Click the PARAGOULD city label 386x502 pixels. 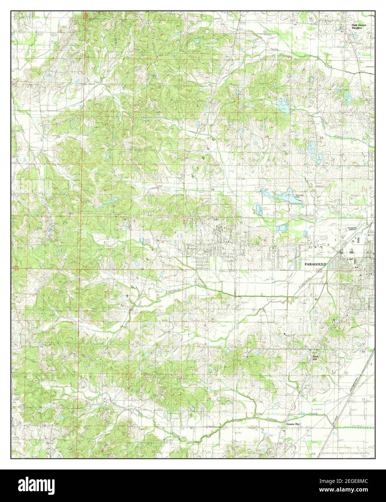click(x=316, y=264)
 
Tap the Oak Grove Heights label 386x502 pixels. click(x=360, y=26)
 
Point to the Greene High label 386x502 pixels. click(x=293, y=424)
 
